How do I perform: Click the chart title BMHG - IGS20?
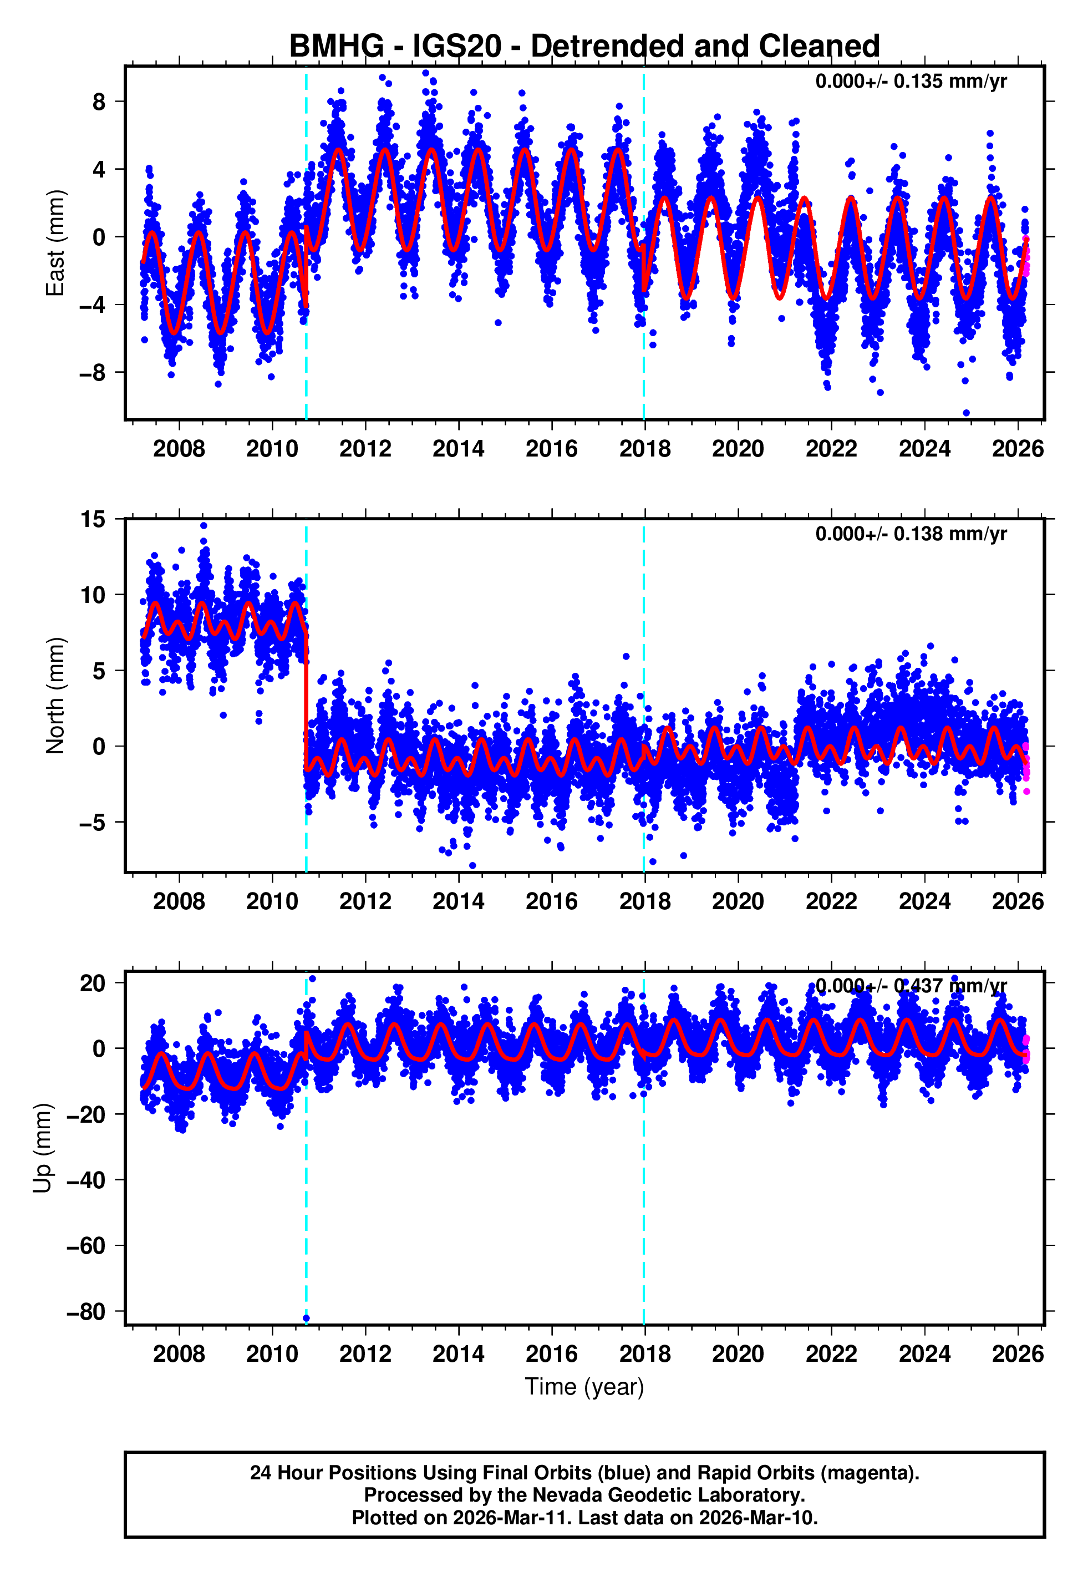tap(584, 47)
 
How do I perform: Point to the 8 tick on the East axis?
tap(99, 102)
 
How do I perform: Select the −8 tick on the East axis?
tap(93, 373)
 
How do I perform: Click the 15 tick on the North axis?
tap(93, 519)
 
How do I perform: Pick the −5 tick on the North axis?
tap(93, 822)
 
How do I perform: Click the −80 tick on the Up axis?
tap(87, 1312)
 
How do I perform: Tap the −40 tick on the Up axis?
tap(87, 1180)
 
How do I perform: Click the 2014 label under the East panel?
tap(458, 449)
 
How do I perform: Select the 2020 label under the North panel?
tap(738, 901)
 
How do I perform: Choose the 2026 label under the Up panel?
tap(1017, 1354)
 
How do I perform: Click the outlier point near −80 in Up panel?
tap(306, 1319)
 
